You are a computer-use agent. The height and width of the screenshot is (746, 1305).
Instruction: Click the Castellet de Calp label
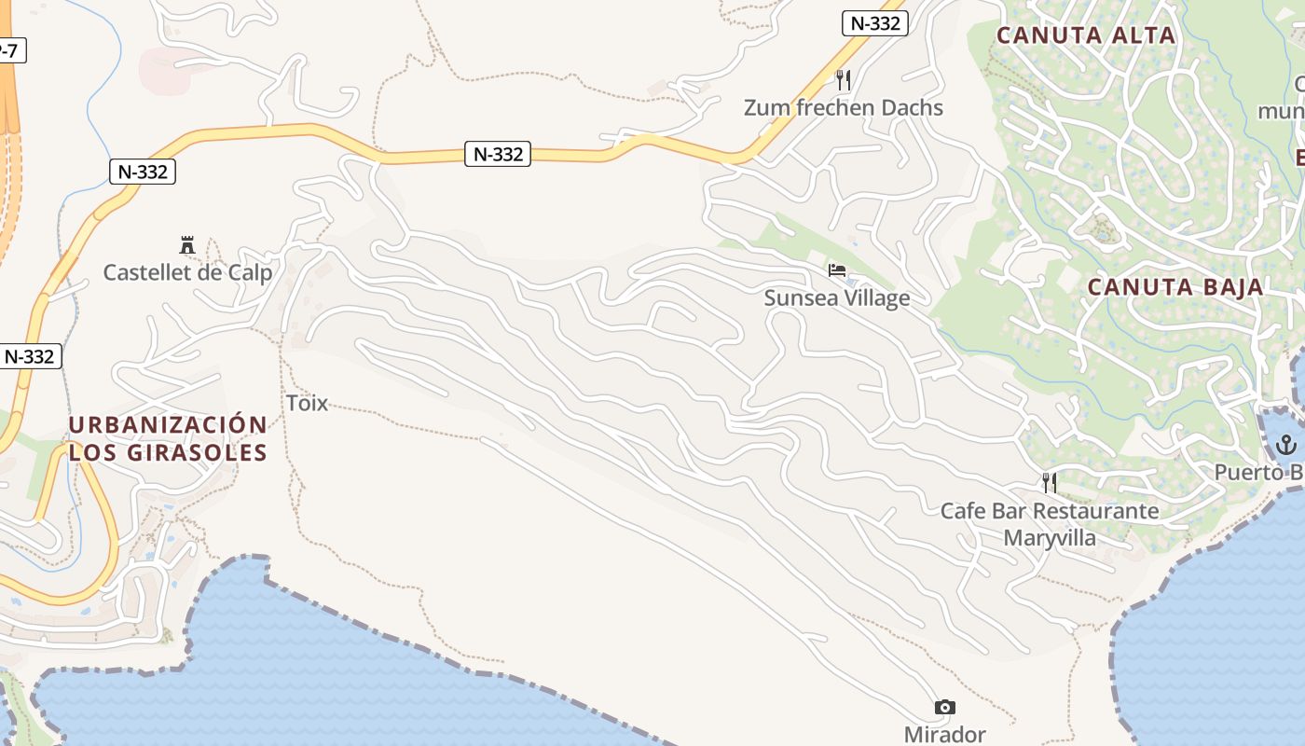(187, 273)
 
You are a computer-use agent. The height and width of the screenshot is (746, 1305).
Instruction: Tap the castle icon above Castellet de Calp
(187, 245)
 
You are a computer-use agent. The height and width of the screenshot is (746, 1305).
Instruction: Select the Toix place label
(307, 403)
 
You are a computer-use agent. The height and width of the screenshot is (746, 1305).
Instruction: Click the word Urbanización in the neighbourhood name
(168, 425)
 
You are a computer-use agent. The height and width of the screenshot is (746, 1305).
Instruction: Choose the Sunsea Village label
(836, 298)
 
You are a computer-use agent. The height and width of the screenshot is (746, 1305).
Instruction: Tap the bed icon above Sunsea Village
(837, 270)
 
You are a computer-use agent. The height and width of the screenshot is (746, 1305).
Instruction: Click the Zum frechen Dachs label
(843, 108)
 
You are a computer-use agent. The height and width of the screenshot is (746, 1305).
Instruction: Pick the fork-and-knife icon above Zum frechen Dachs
(844, 79)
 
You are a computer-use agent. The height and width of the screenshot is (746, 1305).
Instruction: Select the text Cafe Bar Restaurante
(1050, 511)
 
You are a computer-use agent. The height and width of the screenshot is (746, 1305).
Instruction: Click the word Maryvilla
(1050, 538)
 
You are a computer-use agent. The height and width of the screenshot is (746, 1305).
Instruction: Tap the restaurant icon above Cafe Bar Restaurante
(1050, 482)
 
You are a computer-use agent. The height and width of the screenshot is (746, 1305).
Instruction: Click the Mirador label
(944, 735)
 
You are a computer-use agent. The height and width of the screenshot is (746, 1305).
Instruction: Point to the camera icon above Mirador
(944, 707)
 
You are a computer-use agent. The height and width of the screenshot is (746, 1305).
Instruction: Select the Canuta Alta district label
(1086, 35)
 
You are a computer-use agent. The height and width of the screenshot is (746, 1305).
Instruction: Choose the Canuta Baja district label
(1175, 287)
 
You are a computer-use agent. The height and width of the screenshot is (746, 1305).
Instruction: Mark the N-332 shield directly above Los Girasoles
(30, 356)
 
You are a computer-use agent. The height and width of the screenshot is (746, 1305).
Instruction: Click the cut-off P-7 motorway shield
(9, 50)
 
